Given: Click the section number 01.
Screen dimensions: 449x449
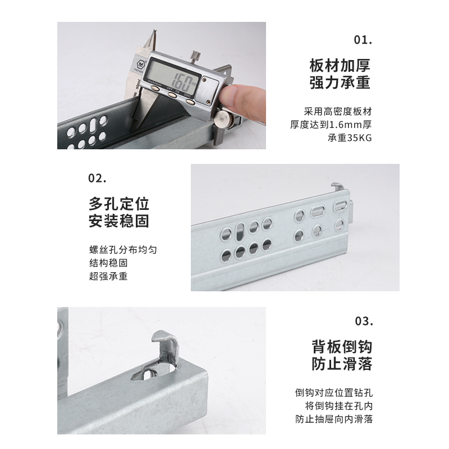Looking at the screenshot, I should pyautogui.click(x=363, y=40).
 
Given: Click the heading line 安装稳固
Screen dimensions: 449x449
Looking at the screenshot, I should pyautogui.click(x=119, y=221).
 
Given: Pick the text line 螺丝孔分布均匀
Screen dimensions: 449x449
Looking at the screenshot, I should pyautogui.click(x=119, y=250).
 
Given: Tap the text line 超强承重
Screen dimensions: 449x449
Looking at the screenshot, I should pyautogui.click(x=108, y=276).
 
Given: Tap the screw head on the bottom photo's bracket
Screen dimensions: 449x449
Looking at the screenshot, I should pyautogui.click(x=59, y=333).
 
